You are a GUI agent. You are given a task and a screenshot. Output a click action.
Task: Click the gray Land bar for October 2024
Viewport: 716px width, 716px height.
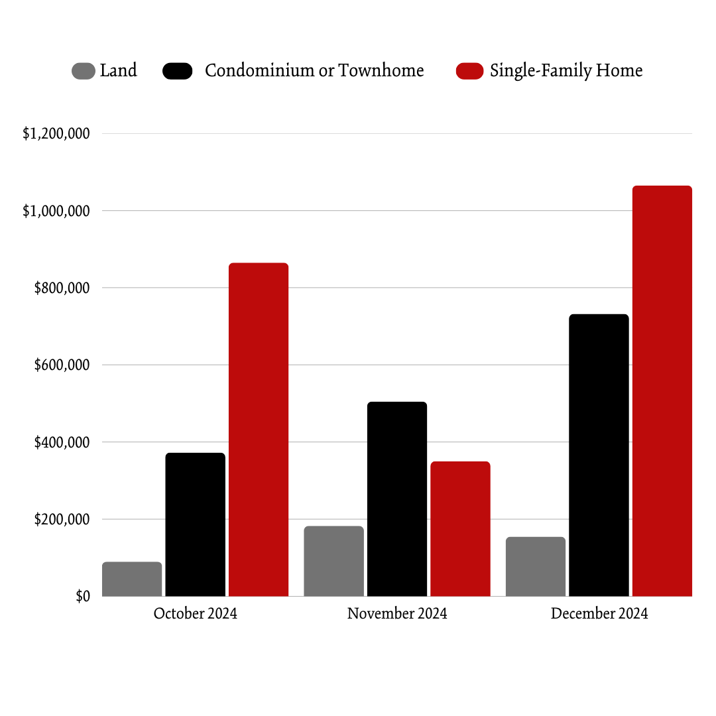point(132,579)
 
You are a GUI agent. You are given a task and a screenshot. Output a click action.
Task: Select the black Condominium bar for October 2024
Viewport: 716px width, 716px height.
point(195,524)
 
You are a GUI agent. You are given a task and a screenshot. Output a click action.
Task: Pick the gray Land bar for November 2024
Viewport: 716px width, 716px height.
point(333,562)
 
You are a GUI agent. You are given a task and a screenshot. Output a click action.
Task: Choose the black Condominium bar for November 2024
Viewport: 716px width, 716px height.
point(396,499)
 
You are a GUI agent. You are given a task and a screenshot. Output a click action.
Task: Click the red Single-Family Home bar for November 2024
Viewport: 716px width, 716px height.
point(460,529)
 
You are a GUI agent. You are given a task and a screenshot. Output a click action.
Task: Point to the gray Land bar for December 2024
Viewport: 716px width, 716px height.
point(536,567)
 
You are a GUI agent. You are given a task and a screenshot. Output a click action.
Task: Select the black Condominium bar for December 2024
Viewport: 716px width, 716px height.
point(599,455)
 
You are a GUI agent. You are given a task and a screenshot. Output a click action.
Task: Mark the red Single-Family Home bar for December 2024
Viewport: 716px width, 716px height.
point(662,391)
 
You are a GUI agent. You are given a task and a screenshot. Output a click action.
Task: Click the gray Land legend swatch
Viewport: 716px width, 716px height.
point(84,71)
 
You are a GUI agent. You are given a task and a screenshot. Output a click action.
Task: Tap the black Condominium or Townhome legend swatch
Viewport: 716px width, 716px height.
point(178,71)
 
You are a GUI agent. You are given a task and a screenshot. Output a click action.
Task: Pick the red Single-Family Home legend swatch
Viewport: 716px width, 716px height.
point(469,71)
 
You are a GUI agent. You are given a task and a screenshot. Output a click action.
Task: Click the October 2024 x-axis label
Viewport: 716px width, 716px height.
point(195,613)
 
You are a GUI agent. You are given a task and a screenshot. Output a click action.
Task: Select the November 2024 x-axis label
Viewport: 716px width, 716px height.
point(396,613)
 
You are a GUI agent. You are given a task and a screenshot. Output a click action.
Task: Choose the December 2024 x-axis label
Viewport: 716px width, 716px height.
point(599,613)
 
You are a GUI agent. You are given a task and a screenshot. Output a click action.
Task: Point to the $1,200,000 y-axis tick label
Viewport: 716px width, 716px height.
point(56,134)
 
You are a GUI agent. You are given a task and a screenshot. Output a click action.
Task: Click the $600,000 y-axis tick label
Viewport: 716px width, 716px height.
point(61,365)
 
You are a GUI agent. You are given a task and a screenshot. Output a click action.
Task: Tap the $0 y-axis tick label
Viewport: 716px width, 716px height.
point(82,597)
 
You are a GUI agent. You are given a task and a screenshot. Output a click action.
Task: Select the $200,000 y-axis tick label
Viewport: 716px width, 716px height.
point(61,520)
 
